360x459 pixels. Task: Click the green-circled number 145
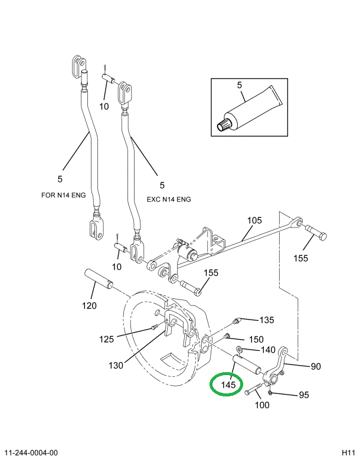(228, 385)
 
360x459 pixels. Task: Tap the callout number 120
(89, 306)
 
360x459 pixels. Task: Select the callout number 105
(254, 220)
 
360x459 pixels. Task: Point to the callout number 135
(267, 320)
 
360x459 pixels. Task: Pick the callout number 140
(268, 350)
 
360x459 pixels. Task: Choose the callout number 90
(316, 366)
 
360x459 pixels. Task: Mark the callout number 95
(303, 395)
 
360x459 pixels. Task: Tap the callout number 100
(261, 405)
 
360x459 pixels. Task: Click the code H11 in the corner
(348, 452)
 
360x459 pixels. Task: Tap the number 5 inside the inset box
(240, 85)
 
